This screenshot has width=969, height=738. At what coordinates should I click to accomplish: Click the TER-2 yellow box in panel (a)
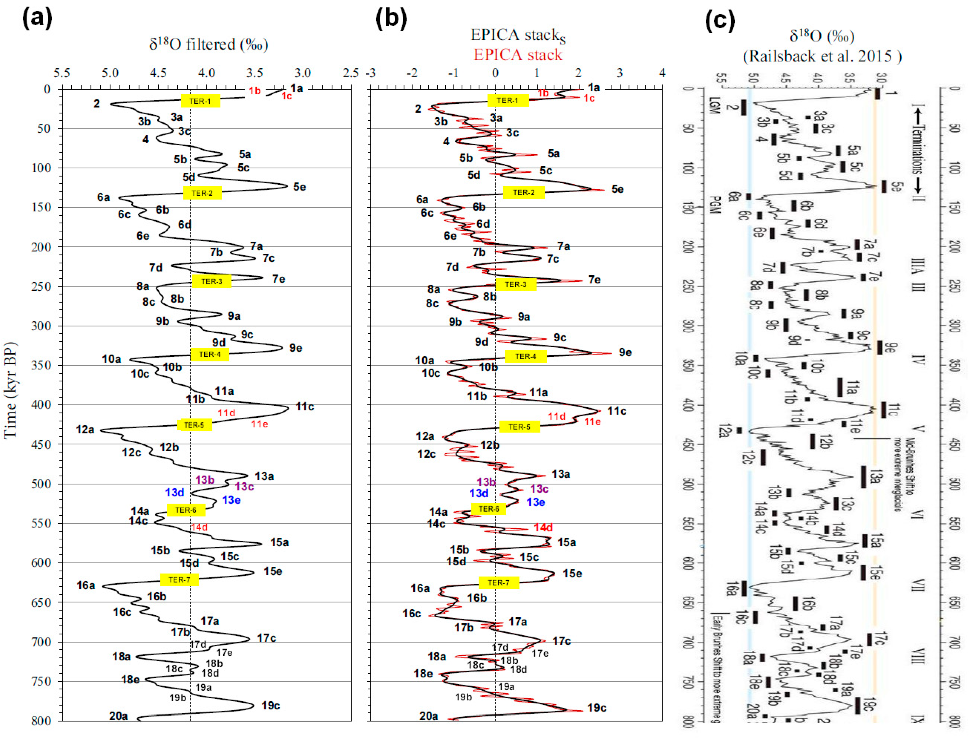point(202,193)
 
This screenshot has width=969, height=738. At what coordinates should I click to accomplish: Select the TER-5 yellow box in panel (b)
point(519,427)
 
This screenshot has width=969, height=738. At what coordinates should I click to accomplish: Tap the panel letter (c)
point(720,21)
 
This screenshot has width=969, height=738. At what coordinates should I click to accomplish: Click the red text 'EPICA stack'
point(518,55)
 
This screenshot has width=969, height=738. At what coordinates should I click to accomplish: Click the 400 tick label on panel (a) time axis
point(41,404)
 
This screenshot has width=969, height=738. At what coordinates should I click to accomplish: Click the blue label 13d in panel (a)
point(174,492)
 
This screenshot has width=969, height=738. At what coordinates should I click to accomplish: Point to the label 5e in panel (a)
point(299,187)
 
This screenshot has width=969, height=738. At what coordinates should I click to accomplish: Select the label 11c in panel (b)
point(617,411)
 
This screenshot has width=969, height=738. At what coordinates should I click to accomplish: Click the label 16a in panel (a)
point(86,585)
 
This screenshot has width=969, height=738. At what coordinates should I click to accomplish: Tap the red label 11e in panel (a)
point(259,424)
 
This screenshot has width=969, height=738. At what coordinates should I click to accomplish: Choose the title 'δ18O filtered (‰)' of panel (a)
point(208,44)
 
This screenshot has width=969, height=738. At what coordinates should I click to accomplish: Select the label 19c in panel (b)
point(596,708)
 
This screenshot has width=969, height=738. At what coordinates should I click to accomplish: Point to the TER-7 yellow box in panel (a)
point(179,579)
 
